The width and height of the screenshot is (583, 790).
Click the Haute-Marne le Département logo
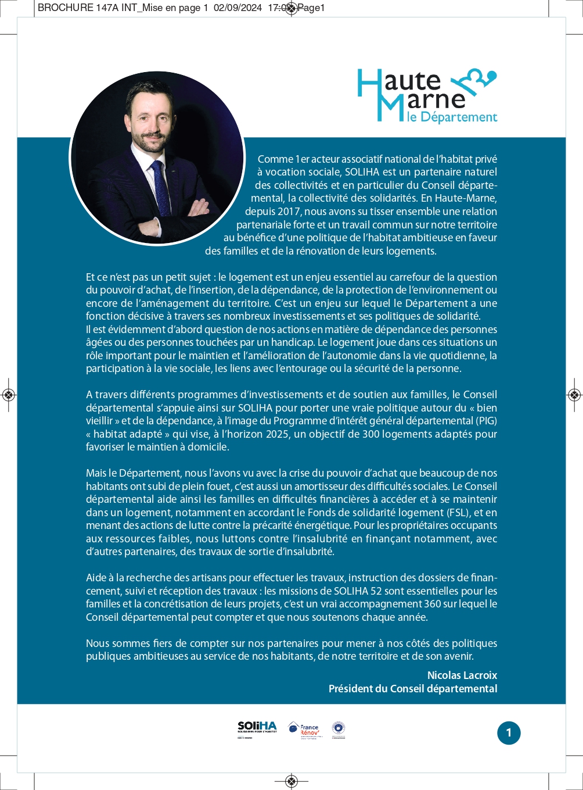pyautogui.click(x=427, y=96)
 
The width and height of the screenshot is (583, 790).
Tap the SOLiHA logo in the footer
pyautogui.click(x=257, y=728)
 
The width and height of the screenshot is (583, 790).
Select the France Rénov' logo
pyautogui.click(x=304, y=730)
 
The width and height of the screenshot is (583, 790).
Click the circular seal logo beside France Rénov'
pyautogui.click(x=338, y=728)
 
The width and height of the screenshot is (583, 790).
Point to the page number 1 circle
pyautogui.click(x=509, y=732)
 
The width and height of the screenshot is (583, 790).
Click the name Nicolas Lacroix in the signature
pyautogui.click(x=462, y=675)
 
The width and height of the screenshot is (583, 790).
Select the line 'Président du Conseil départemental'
pyautogui.click(x=413, y=688)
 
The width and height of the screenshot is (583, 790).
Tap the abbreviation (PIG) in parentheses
pyautogui.click(x=487, y=421)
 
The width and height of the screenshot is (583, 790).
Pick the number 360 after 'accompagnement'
pyautogui.click(x=433, y=604)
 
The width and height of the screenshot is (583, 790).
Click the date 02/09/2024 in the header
pyautogui.click(x=237, y=8)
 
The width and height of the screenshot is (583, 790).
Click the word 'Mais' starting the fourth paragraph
pyautogui.click(x=96, y=473)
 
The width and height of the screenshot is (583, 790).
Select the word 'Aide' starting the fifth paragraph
pyautogui.click(x=96, y=578)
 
